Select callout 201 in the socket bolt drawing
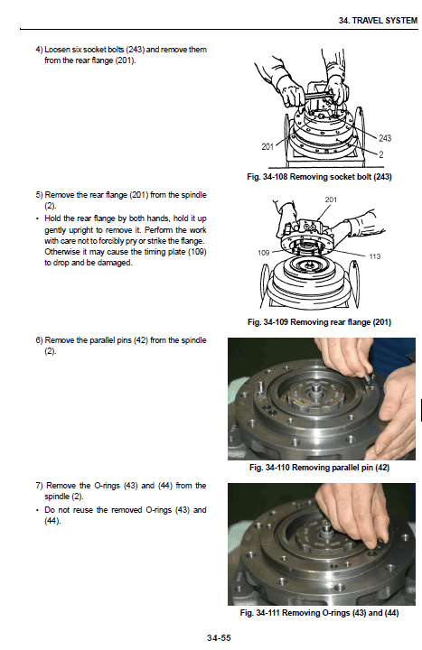coord(268,146)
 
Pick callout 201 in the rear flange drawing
coord(332,200)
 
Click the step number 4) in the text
coord(38,49)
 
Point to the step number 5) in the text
coord(38,195)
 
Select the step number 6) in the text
coord(38,340)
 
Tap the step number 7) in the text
coord(38,486)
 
